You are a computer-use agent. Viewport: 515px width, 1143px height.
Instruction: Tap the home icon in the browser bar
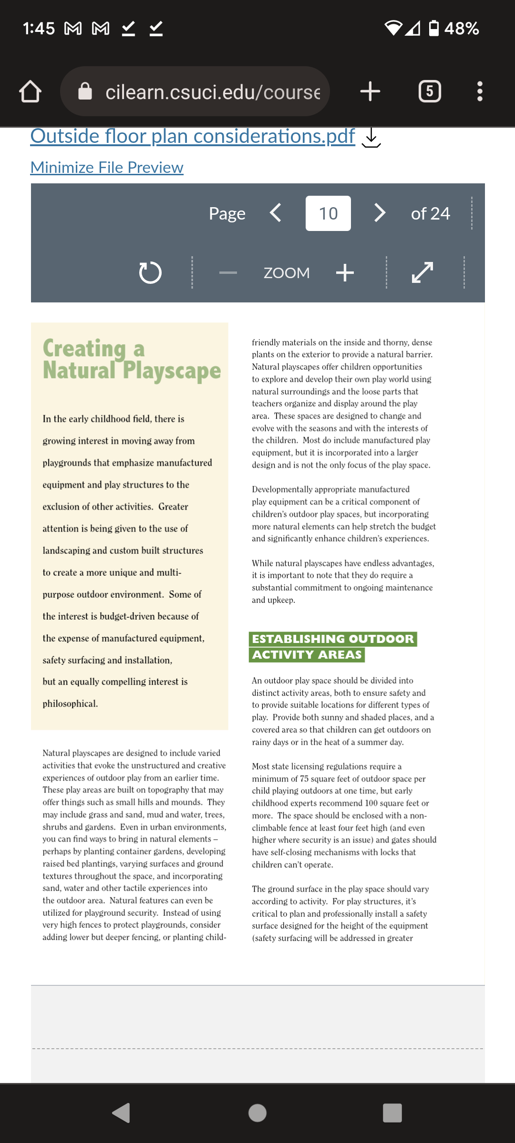pos(30,91)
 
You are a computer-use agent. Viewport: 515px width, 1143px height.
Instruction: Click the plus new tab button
pos(370,91)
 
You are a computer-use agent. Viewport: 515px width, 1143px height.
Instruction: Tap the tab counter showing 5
pos(430,91)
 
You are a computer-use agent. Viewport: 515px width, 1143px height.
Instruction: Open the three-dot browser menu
pos(480,91)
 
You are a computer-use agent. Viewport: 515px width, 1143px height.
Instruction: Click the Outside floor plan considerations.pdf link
pos(193,136)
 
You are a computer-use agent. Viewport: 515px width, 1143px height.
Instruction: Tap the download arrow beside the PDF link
pos(371,138)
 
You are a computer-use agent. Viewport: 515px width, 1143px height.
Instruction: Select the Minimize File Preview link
pos(107,167)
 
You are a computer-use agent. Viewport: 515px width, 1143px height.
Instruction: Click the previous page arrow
pos(276,213)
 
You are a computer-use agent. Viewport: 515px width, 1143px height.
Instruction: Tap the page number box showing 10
pos(328,213)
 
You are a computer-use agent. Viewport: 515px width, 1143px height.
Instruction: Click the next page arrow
pos(380,213)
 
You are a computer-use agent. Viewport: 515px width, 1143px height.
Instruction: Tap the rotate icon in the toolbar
pos(150,273)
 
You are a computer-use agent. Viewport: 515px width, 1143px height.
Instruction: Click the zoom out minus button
pos(228,273)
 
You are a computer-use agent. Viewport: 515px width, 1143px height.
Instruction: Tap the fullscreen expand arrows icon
pos(422,273)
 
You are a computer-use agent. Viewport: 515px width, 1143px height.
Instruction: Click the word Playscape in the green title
pos(172,371)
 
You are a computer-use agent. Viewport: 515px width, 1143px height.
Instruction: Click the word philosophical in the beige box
pos(70,703)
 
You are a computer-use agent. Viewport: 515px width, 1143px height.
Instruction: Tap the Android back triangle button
pos(121,1113)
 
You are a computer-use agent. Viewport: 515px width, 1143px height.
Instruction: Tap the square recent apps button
pos(392,1113)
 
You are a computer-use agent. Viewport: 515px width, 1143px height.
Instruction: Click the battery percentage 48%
pos(461,29)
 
